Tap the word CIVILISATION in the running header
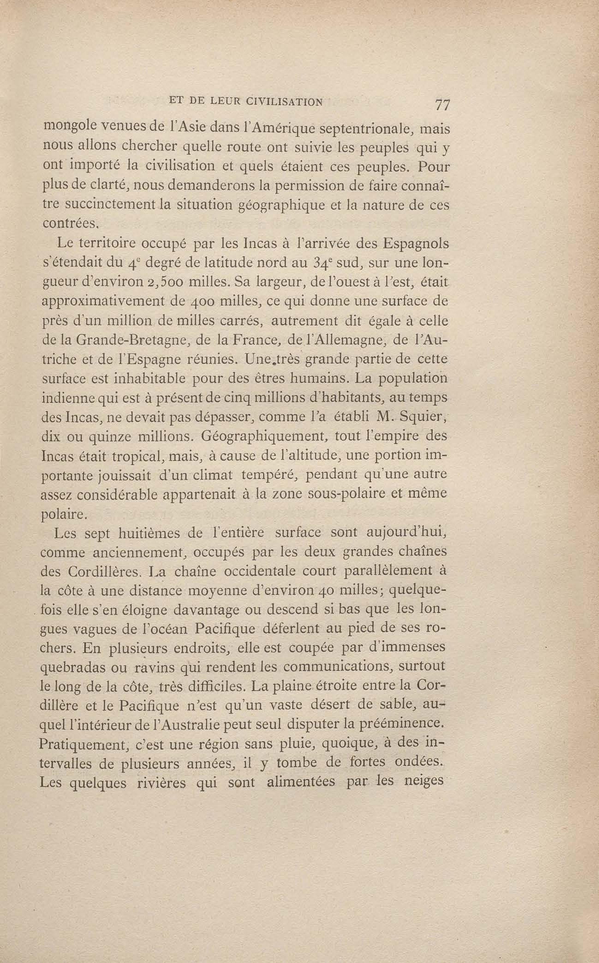click(284, 102)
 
